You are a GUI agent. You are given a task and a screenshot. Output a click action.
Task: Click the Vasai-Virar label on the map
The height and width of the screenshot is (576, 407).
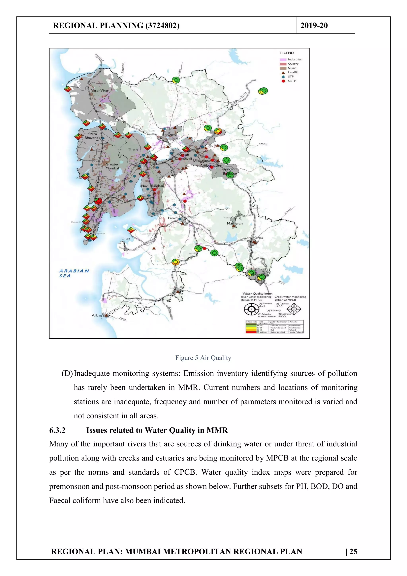click(x=100, y=90)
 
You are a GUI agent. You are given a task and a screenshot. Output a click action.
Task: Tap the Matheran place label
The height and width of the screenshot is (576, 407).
click(x=235, y=223)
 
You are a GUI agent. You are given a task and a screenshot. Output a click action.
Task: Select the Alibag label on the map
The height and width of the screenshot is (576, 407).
click(x=97, y=315)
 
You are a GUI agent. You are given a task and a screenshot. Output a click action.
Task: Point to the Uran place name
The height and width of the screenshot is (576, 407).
click(x=126, y=238)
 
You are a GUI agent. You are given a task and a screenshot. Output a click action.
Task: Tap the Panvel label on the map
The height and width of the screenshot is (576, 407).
click(x=173, y=218)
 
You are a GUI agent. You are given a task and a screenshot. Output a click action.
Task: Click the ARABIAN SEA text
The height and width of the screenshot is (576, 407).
click(x=74, y=273)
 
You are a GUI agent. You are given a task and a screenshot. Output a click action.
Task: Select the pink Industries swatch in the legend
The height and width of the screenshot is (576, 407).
click(x=283, y=59)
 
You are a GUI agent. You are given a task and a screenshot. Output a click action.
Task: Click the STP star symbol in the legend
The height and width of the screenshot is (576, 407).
click(x=283, y=77)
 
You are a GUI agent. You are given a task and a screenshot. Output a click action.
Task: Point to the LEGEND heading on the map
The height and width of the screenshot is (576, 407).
click(x=287, y=53)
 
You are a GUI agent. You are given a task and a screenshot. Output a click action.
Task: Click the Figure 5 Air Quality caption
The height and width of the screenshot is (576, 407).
click(x=203, y=358)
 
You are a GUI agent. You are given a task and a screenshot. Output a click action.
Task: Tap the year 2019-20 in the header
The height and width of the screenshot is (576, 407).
click(x=314, y=25)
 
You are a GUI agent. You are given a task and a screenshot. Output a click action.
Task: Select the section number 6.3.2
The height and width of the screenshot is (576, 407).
click(x=57, y=430)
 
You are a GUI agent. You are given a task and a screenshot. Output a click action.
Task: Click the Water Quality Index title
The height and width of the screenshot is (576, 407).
click(x=257, y=293)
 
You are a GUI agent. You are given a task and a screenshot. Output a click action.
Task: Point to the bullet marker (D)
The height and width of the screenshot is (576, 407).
click(x=67, y=373)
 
